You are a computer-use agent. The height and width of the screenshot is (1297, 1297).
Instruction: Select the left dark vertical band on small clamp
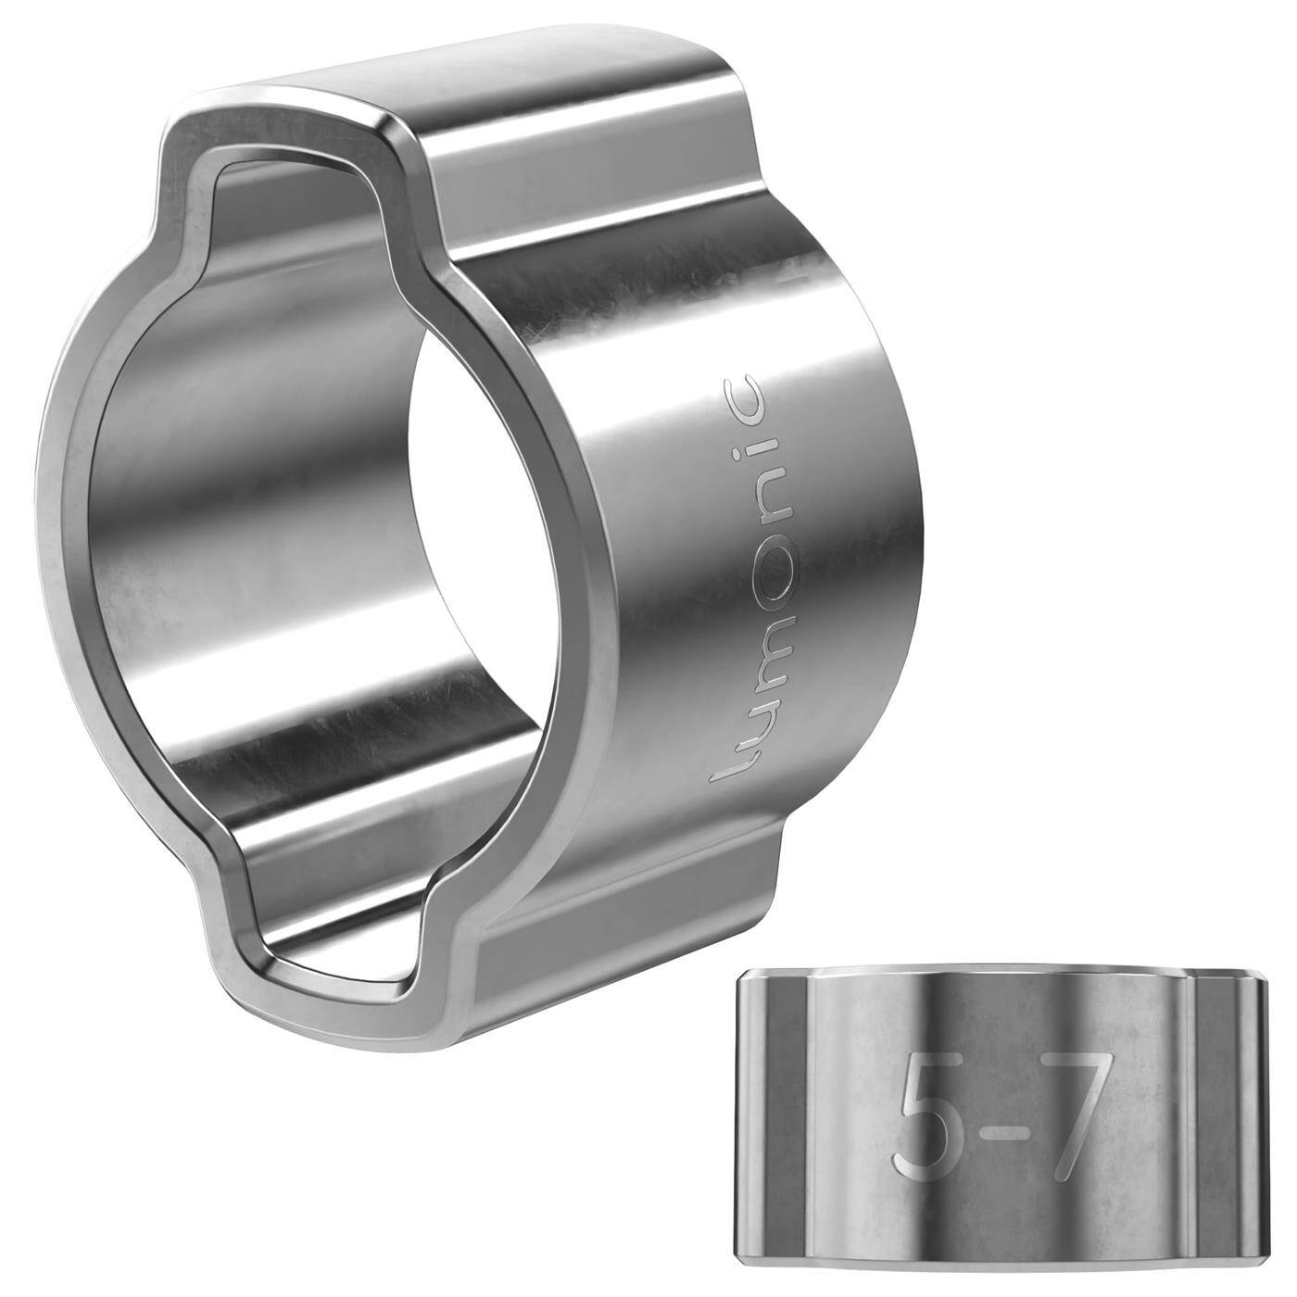pyautogui.click(x=778, y=1112)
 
